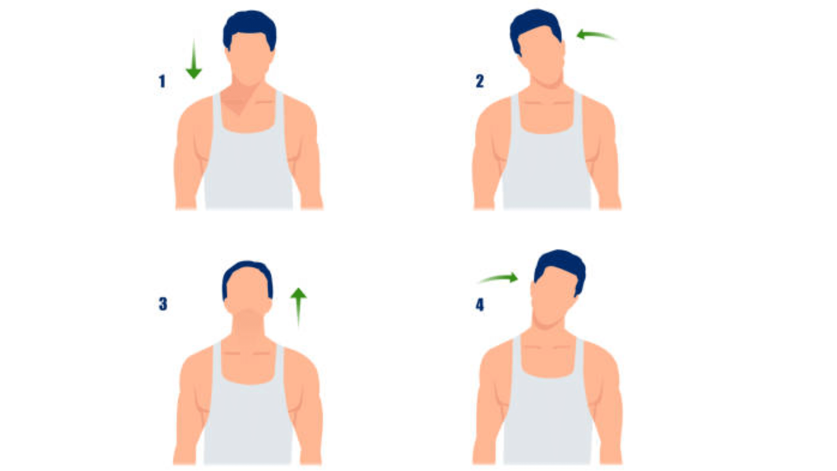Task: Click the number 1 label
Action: coord(162,81)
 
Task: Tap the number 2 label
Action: coord(480,81)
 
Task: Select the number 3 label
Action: coord(163,304)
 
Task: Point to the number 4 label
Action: coord(480,304)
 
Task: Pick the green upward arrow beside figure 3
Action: coord(298,305)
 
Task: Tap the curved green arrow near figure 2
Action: coord(595,35)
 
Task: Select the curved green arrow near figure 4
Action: coord(500,278)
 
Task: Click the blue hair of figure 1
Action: coord(249,24)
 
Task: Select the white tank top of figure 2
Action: coord(547,170)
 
